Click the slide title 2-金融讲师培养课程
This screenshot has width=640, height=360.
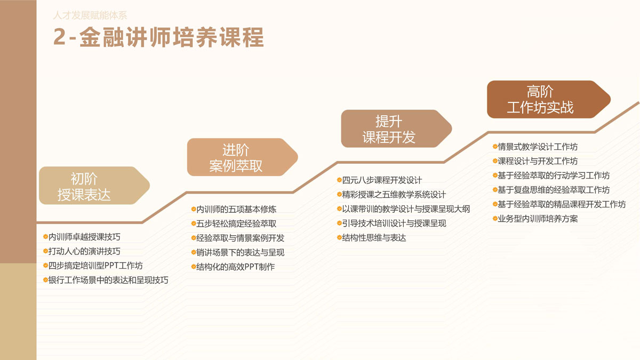158,37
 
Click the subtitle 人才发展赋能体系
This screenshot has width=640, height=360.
90,15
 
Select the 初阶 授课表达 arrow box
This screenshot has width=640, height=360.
94,186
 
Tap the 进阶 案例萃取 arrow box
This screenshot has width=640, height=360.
243,157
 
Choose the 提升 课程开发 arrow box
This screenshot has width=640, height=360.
397,129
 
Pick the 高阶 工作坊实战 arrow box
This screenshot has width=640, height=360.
549,99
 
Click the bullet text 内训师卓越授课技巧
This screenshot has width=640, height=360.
84,237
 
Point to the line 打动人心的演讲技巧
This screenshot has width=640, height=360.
84,251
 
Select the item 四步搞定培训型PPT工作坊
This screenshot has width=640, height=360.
95,266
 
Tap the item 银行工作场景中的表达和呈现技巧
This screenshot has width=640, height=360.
108,280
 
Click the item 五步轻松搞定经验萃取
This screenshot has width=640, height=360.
236,223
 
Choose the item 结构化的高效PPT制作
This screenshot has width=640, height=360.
235,267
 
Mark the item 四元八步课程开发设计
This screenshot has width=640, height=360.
382,180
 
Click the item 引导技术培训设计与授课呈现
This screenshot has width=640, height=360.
394,223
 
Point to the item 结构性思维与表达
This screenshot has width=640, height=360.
374,238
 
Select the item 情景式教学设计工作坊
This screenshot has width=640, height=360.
538,147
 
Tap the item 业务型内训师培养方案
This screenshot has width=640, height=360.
538,219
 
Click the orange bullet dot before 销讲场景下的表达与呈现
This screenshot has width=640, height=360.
194,252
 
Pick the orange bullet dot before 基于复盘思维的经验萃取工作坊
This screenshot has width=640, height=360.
495,190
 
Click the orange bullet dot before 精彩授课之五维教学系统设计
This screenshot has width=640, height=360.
339,194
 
